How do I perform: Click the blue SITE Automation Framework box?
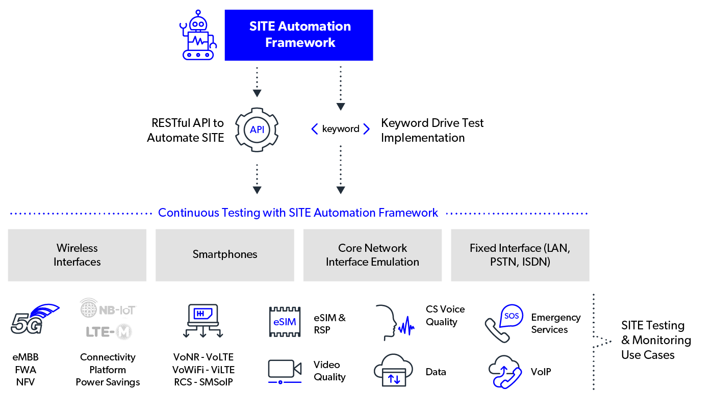[x=299, y=35]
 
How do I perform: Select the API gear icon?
[x=257, y=130]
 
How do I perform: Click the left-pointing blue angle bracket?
[x=315, y=130]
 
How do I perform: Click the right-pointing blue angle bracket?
[x=366, y=130]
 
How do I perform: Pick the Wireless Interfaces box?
[x=77, y=255]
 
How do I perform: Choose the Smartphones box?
[x=225, y=255]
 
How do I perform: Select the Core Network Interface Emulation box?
[x=373, y=255]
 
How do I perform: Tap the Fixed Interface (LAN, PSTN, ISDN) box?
[x=520, y=255]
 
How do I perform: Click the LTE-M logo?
[x=108, y=332]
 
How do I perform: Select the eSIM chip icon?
[x=285, y=322]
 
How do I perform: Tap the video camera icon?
[x=285, y=371]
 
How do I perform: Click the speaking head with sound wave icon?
[x=395, y=323]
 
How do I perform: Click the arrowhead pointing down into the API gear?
[x=257, y=93]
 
